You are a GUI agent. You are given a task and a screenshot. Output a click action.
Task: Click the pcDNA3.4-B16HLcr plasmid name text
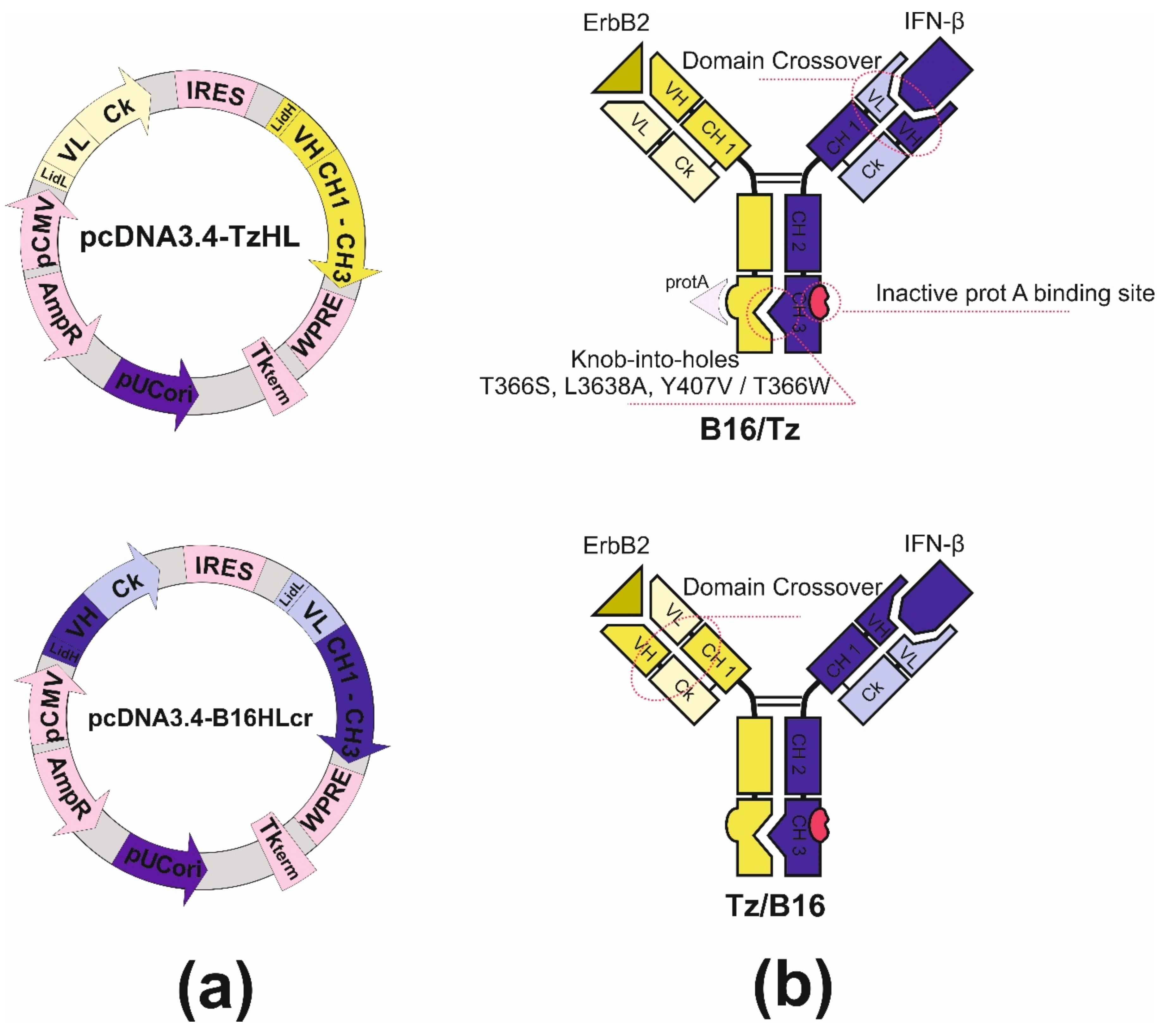coord(200,718)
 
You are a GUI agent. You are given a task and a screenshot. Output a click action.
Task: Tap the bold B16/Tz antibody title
coord(749,429)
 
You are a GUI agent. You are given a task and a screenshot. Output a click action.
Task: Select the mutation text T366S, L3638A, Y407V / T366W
coord(654,386)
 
